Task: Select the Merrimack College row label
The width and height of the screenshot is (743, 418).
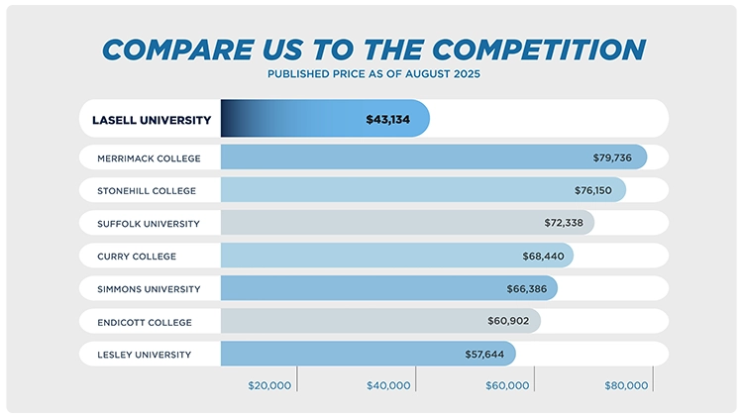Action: pyautogui.click(x=149, y=157)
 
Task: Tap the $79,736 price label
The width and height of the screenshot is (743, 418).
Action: pyautogui.click(x=616, y=157)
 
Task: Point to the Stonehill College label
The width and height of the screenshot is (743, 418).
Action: pyautogui.click(x=147, y=190)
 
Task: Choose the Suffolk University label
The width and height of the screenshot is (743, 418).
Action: pyautogui.click(x=149, y=223)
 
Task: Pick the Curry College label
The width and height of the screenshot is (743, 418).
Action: pyautogui.click(x=137, y=257)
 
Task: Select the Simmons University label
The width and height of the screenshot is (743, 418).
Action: pyautogui.click(x=149, y=289)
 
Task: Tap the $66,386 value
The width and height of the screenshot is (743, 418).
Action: pyautogui.click(x=527, y=289)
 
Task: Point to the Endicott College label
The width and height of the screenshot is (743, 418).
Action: pyautogui.click(x=145, y=322)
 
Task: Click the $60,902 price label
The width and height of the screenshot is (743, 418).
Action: pyautogui.click(x=509, y=322)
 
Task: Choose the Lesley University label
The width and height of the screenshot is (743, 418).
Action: pyautogui.click(x=144, y=354)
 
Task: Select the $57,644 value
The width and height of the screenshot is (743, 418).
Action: pyautogui.click(x=485, y=354)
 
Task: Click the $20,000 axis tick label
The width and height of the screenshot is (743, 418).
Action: pyautogui.click(x=269, y=385)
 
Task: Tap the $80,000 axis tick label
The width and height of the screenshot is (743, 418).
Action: pyautogui.click(x=626, y=385)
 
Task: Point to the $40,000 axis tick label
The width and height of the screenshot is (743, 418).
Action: pyautogui.click(x=388, y=385)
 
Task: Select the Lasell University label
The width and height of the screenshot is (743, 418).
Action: pyautogui.click(x=152, y=120)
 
